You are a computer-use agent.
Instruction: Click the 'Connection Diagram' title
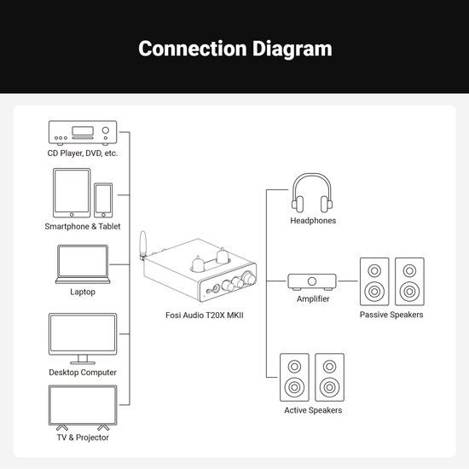(x=235, y=49)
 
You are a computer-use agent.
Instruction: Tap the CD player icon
(x=83, y=133)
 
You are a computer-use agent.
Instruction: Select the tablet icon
(x=72, y=193)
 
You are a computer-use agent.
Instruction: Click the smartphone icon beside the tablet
(x=103, y=200)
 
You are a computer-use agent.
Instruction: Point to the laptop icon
(x=83, y=264)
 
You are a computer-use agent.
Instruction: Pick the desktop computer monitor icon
(x=83, y=339)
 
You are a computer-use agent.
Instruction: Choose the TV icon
(x=83, y=408)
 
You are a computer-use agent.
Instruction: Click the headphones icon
(x=312, y=193)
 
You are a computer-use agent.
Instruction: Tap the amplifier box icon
(x=312, y=281)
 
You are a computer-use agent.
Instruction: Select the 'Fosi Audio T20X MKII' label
(x=205, y=316)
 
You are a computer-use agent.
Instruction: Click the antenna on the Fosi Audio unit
(x=142, y=244)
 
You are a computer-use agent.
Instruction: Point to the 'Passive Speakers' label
(x=391, y=315)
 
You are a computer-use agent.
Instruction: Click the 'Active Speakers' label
(x=313, y=410)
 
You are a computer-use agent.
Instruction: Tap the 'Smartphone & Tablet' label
(x=83, y=227)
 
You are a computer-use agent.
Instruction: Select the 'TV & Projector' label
(x=83, y=437)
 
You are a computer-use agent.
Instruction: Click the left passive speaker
(x=374, y=281)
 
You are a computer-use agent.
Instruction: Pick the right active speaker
(x=330, y=377)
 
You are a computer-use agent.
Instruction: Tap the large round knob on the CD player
(x=106, y=130)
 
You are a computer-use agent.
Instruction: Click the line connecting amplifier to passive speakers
(x=347, y=281)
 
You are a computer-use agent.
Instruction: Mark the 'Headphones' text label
(x=313, y=221)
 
